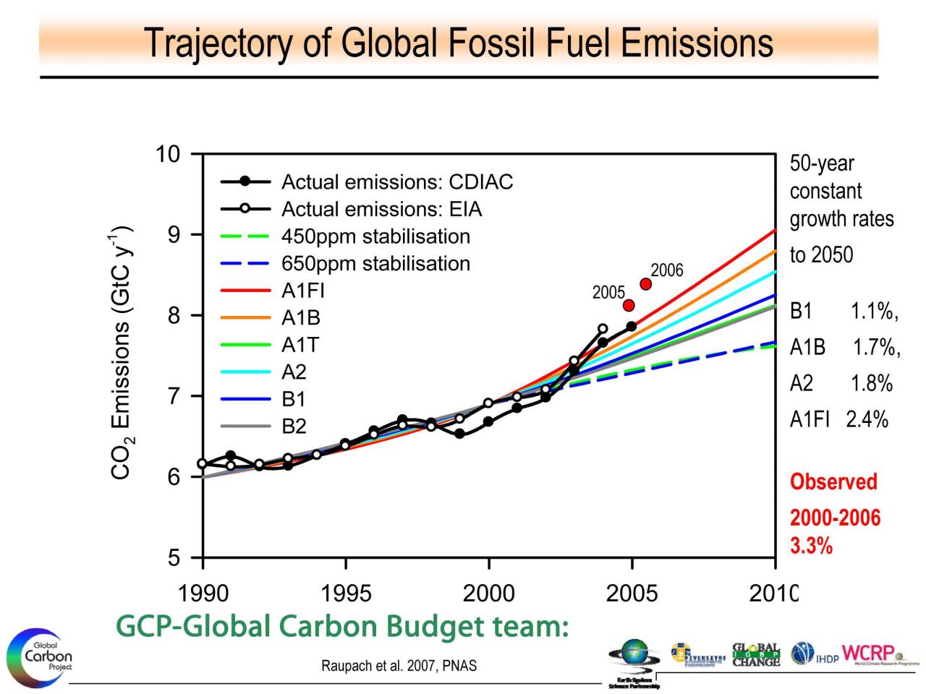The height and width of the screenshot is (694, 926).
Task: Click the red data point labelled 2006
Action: click(646, 284)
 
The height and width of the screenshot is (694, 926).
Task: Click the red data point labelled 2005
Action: click(629, 305)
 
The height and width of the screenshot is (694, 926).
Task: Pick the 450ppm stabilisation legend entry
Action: click(375, 236)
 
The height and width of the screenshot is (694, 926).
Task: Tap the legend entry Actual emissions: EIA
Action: click(381, 210)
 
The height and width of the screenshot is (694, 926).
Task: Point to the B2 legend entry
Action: click(294, 427)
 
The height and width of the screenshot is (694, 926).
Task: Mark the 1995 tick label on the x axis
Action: click(346, 594)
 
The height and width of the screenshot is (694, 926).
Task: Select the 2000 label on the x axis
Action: click(489, 594)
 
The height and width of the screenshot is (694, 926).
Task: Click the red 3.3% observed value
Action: click(811, 546)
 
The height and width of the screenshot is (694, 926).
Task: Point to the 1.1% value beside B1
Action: click(873, 312)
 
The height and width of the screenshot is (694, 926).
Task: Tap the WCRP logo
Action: click(872, 652)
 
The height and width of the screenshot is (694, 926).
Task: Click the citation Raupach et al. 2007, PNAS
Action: click(399, 666)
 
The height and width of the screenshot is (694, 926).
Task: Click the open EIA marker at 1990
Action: click(203, 463)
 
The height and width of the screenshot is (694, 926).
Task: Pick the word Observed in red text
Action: click(833, 482)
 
